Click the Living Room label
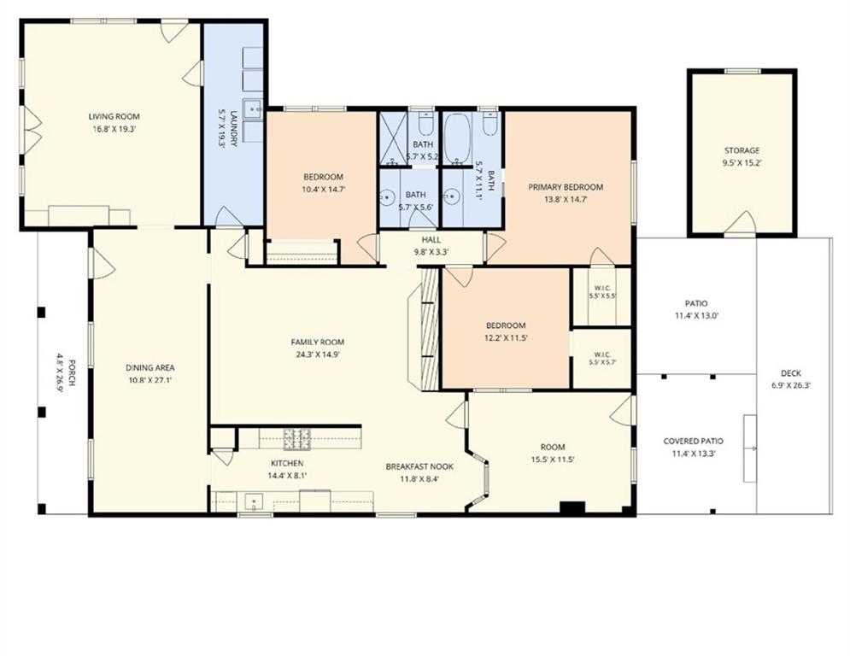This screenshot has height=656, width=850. [114, 116]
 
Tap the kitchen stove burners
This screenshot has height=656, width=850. [297, 438]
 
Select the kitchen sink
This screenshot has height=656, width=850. [253, 501]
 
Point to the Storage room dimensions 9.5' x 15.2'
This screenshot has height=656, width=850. [742, 162]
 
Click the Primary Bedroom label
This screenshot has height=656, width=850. [566, 187]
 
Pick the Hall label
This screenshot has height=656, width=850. [431, 240]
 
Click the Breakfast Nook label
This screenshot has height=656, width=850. [419, 466]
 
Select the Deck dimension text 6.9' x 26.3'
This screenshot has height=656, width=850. [791, 386]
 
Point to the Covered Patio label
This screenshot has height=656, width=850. [694, 442]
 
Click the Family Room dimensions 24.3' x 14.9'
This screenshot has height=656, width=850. [318, 354]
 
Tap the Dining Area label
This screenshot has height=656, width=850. [150, 367]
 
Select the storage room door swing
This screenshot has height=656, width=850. [741, 222]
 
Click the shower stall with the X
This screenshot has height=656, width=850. [393, 138]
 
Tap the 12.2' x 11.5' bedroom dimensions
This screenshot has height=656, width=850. [506, 337]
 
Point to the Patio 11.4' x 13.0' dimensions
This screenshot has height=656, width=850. [696, 315]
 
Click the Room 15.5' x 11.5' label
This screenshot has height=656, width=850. [553, 448]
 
